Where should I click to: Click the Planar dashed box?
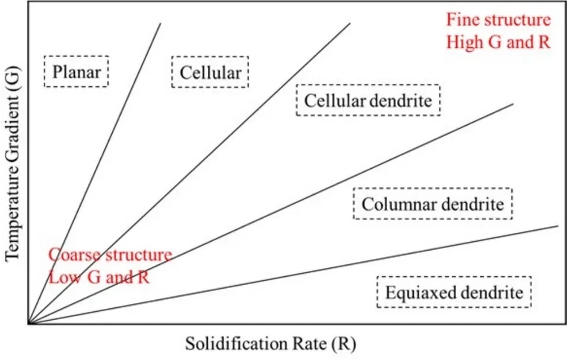[77, 72]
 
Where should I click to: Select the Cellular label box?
[210, 72]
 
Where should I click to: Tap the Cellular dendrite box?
[368, 100]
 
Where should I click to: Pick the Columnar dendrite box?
[432, 204]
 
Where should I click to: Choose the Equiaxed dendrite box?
[454, 292]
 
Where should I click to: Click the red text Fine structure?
[498, 20]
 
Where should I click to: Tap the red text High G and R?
[498, 42]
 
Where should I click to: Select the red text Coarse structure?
[110, 255]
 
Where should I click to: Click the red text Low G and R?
[99, 277]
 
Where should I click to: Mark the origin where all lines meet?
[28, 323]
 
